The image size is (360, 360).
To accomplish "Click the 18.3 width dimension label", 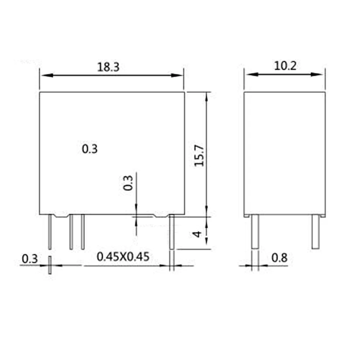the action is click(x=108, y=67).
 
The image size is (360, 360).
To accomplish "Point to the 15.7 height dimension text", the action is click(x=199, y=156).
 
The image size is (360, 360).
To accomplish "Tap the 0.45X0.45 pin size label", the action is click(x=123, y=257).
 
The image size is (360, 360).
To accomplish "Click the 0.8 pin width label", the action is click(x=279, y=258).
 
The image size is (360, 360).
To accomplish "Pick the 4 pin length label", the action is click(x=197, y=234).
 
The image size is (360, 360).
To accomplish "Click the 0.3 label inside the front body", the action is click(x=90, y=149).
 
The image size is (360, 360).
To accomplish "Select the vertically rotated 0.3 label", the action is click(x=128, y=183).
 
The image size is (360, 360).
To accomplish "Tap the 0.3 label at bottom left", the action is click(x=30, y=259).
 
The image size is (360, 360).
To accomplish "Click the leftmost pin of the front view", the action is click(x=50, y=232).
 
